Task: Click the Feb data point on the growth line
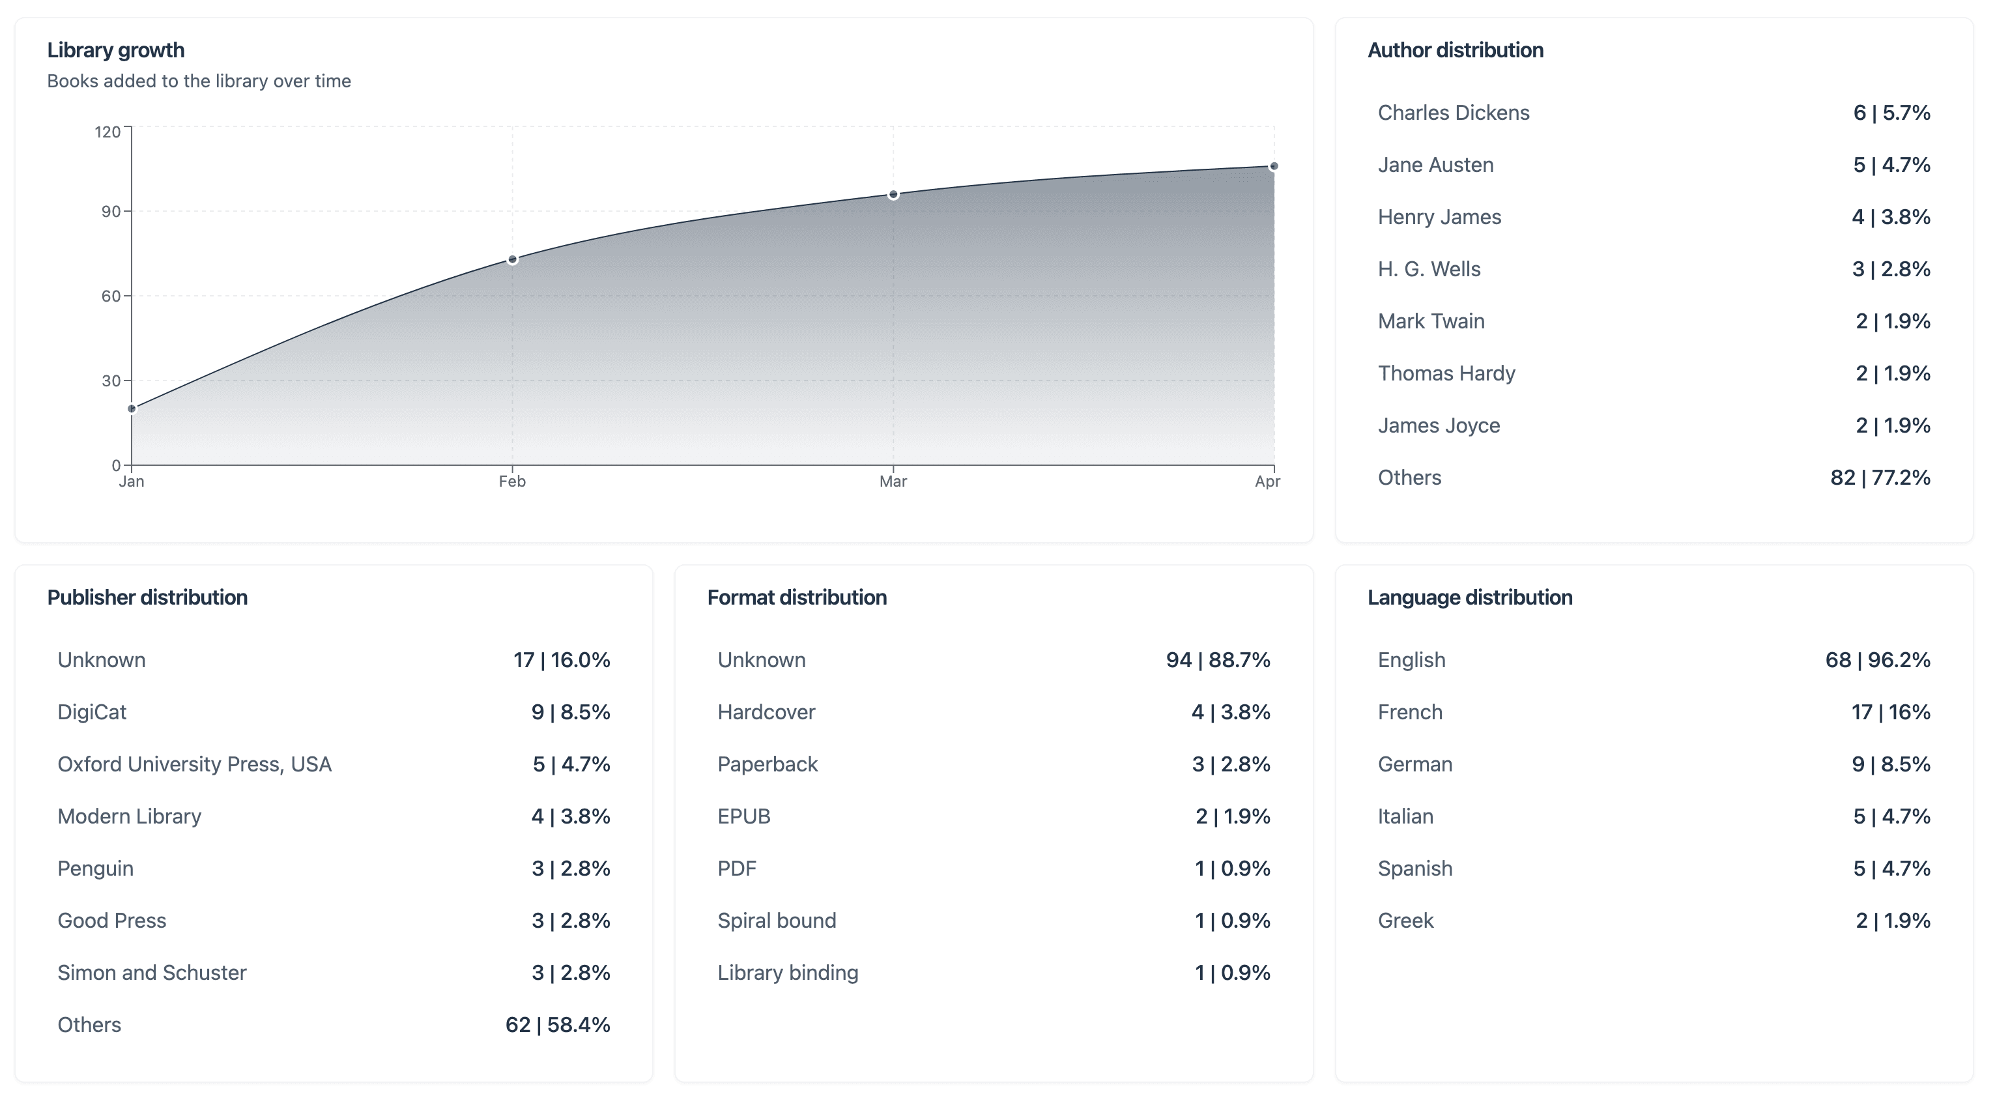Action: [x=512, y=259]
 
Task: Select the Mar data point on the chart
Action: [x=893, y=194]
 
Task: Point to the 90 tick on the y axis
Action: [x=111, y=211]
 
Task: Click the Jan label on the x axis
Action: [x=132, y=481]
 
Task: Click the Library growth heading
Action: [x=115, y=50]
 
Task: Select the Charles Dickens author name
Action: [x=1453, y=113]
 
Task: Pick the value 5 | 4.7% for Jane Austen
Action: [x=1891, y=165]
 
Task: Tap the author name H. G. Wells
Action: [x=1429, y=270]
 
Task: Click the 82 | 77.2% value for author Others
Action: [x=1880, y=478]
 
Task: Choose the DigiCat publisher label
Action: [x=91, y=712]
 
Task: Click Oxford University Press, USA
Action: [x=194, y=764]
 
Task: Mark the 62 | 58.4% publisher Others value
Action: [x=558, y=1026]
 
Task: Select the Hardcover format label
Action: [x=766, y=712]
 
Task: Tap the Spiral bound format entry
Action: [x=777, y=921]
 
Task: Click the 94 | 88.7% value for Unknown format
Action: [x=1218, y=661]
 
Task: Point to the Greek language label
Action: [x=1405, y=921]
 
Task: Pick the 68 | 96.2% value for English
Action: [x=1877, y=661]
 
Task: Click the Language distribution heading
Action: [x=1469, y=598]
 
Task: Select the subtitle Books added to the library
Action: [x=199, y=81]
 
